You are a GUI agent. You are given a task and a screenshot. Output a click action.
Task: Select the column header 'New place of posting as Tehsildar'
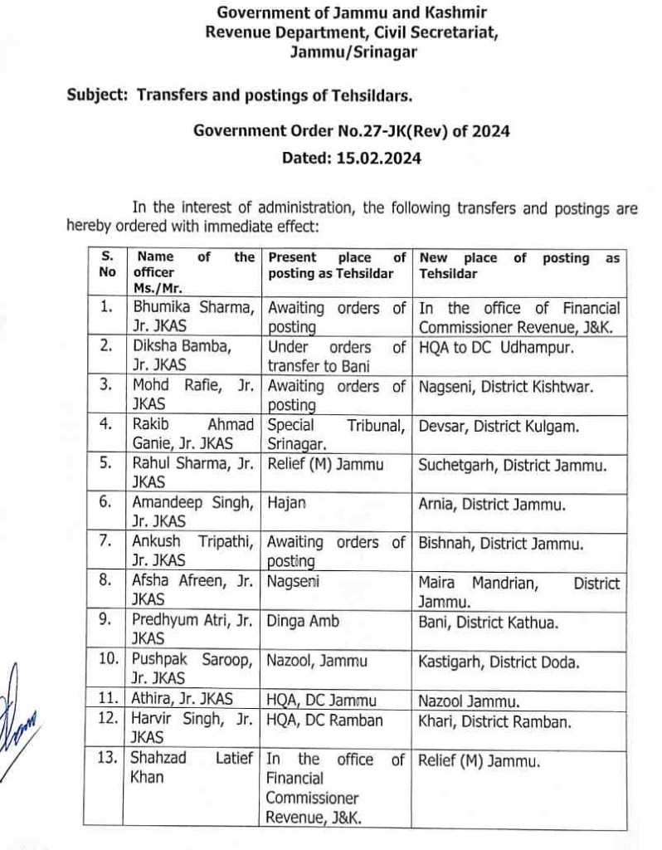click(x=519, y=266)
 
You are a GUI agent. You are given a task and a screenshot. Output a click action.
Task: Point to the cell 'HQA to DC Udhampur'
click(x=484, y=346)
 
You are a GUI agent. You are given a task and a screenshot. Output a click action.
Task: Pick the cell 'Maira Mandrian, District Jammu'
click(x=518, y=592)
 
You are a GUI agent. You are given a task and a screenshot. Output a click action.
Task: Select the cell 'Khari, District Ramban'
click(x=495, y=722)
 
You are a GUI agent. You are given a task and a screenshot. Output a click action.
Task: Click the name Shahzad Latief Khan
click(x=191, y=768)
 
